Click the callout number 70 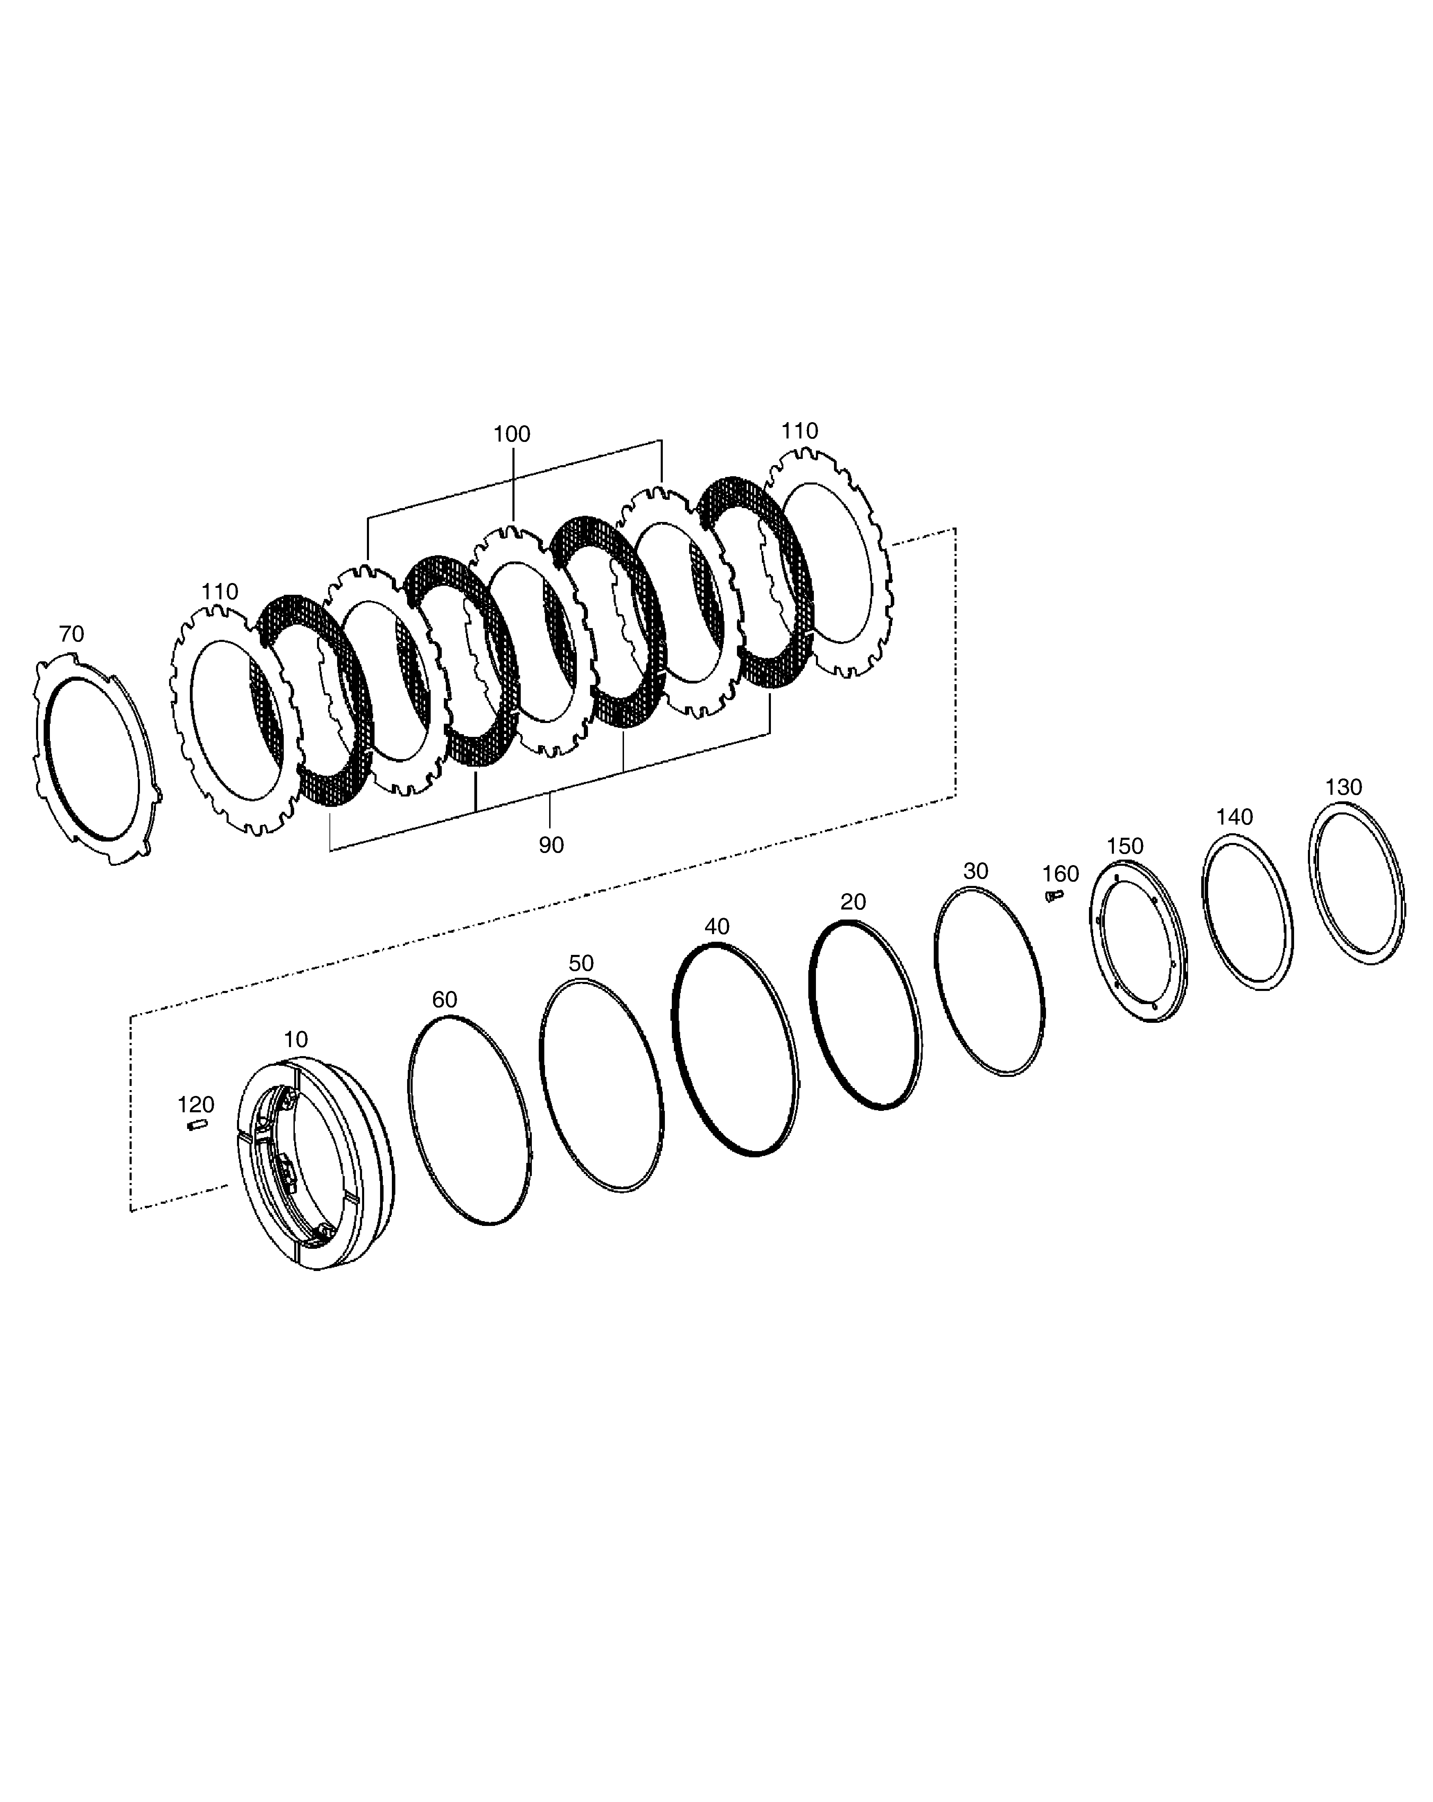pos(72,634)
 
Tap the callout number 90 pos(551,845)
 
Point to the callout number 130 pos(1344,787)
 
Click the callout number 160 pos(1060,874)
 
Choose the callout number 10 pos(296,1040)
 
